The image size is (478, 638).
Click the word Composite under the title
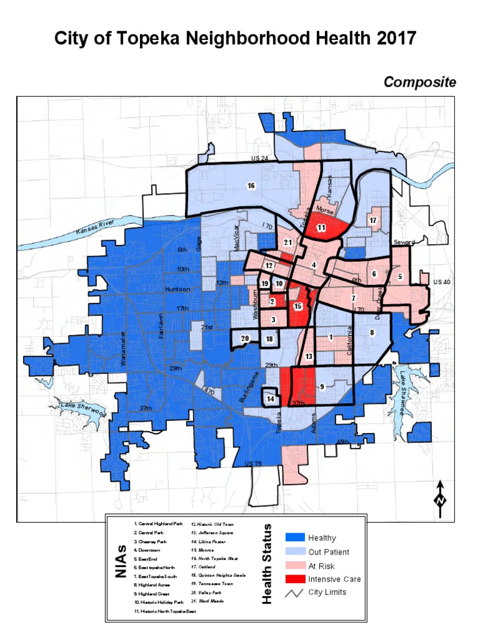click(419, 82)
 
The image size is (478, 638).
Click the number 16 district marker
click(251, 186)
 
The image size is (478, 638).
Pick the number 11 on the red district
click(321, 228)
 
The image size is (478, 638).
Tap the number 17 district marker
click(373, 221)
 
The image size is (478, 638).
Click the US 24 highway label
click(260, 159)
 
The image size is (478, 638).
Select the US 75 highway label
click(253, 464)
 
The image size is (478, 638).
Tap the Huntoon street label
click(177, 290)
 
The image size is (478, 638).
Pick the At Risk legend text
click(321, 566)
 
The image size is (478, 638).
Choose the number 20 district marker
click(245, 338)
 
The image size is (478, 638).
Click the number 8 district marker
click(372, 333)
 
